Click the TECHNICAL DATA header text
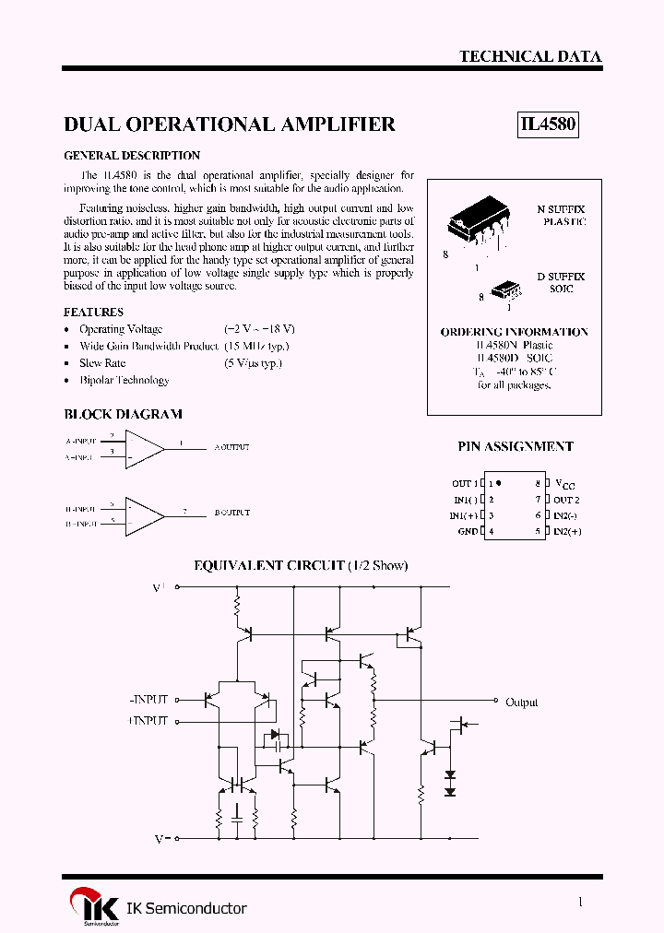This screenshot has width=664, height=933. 530,56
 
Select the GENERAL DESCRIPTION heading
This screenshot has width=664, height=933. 132,156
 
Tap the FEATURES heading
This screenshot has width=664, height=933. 93,313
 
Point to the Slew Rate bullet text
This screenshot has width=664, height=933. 103,363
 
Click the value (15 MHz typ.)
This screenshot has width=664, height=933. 256,346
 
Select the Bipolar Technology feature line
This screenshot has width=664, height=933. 124,380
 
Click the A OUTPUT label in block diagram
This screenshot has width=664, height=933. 231,447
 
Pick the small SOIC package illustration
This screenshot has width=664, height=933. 505,290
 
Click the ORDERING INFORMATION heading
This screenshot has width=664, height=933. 514,331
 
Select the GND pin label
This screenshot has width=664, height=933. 468,532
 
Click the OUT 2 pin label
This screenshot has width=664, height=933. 566,500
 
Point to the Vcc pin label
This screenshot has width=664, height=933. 563,483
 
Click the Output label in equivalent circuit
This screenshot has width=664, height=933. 521,703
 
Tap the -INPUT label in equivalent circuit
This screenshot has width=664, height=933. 149,701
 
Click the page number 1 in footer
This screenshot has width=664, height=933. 579,903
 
